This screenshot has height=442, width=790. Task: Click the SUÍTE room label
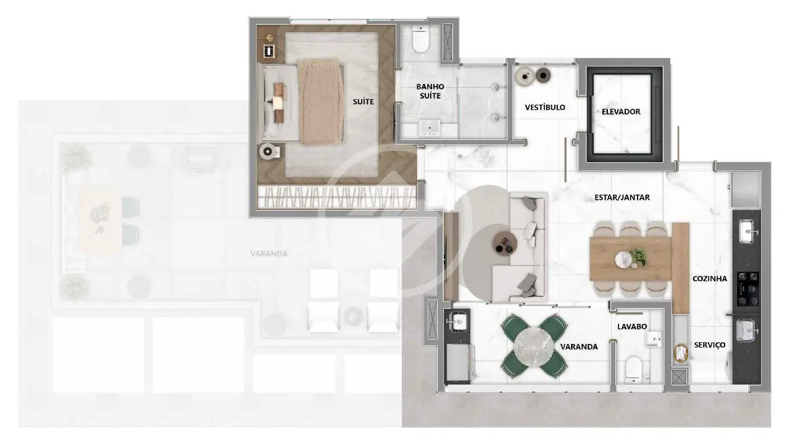click(364, 102)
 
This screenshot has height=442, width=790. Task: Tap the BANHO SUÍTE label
click(430, 91)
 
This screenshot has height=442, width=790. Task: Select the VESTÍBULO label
click(545, 107)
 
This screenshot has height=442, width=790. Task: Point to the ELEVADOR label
click(621, 112)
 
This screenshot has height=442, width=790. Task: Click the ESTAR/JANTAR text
click(622, 198)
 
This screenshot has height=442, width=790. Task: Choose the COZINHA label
click(710, 279)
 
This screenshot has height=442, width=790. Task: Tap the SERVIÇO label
click(710, 345)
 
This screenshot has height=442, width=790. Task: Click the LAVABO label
click(632, 327)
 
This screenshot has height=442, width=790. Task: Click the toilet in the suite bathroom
click(420, 39)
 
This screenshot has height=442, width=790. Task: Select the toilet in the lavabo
click(634, 369)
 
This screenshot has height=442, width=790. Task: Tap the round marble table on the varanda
click(534, 346)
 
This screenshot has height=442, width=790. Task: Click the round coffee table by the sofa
click(505, 244)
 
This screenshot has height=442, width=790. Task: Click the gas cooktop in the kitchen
click(747, 289)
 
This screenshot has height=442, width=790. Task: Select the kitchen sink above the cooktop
click(747, 231)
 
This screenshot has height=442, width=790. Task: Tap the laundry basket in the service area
click(681, 353)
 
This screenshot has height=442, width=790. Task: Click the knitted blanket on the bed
click(320, 102)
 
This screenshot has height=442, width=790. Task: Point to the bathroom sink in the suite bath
click(429, 128)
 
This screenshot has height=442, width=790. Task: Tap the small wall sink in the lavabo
click(653, 339)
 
